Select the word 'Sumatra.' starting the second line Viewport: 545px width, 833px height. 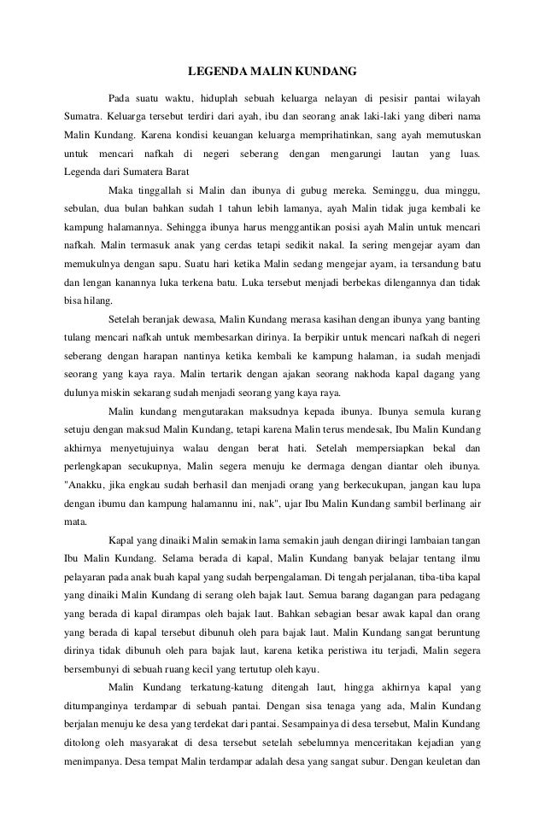click(x=85, y=114)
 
